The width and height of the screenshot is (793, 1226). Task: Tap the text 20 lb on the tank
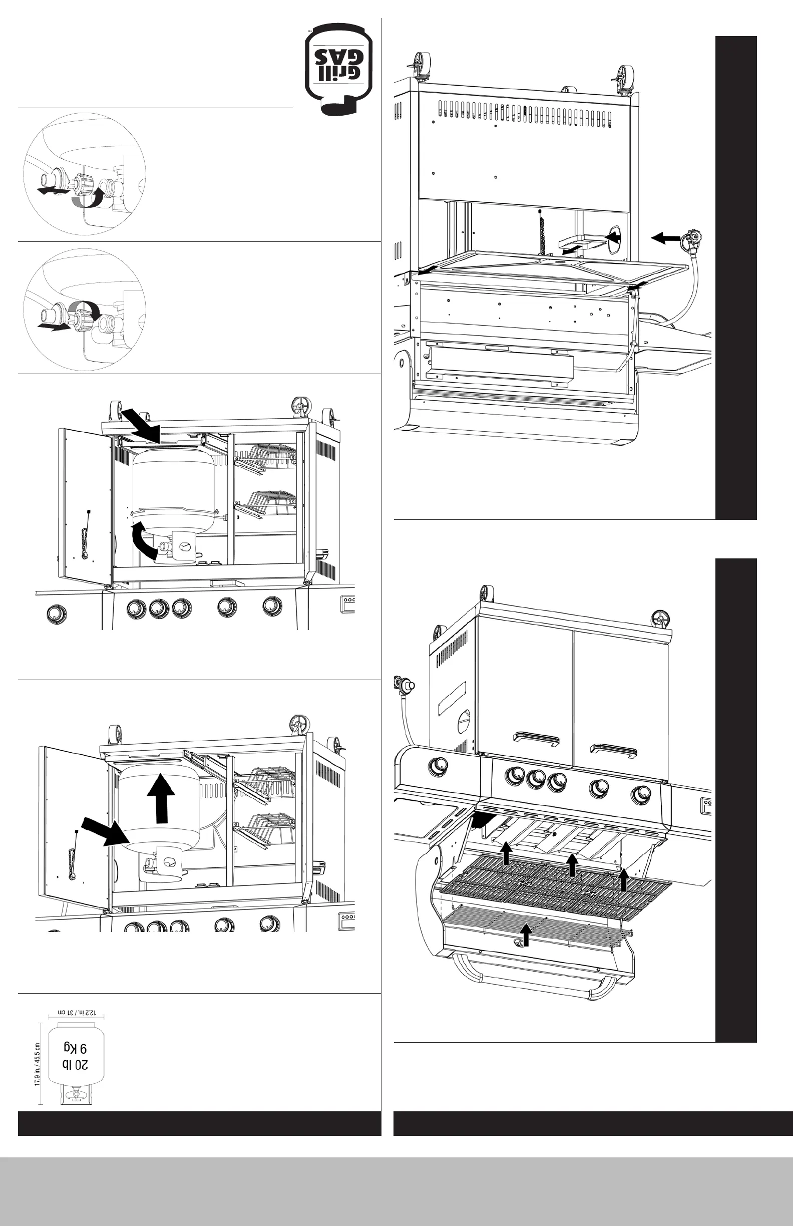point(75,1065)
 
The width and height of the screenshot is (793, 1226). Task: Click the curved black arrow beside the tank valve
point(144,540)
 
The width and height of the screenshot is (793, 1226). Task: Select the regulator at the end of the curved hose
point(691,241)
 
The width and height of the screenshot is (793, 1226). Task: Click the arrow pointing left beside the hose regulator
point(665,237)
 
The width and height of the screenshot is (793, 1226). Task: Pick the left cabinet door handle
point(537,739)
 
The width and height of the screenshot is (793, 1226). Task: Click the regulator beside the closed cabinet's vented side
point(404,685)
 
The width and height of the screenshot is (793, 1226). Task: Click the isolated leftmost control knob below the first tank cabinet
point(54,614)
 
